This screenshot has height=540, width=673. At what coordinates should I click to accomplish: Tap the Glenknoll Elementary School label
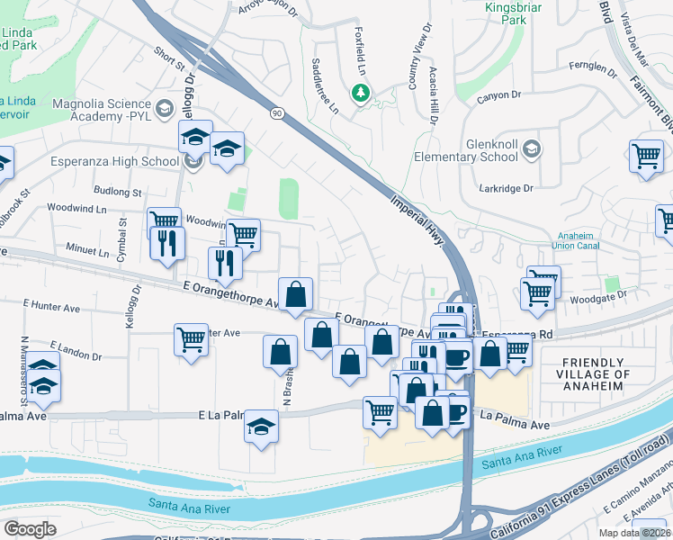[491, 150]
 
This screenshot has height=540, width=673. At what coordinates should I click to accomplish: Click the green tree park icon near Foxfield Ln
[361, 93]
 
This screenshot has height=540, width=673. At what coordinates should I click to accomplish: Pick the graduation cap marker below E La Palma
[262, 427]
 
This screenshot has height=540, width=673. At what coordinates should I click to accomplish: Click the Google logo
[31, 529]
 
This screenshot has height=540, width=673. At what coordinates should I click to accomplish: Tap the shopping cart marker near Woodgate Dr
[537, 292]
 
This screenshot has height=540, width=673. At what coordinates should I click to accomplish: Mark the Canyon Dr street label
[503, 94]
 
